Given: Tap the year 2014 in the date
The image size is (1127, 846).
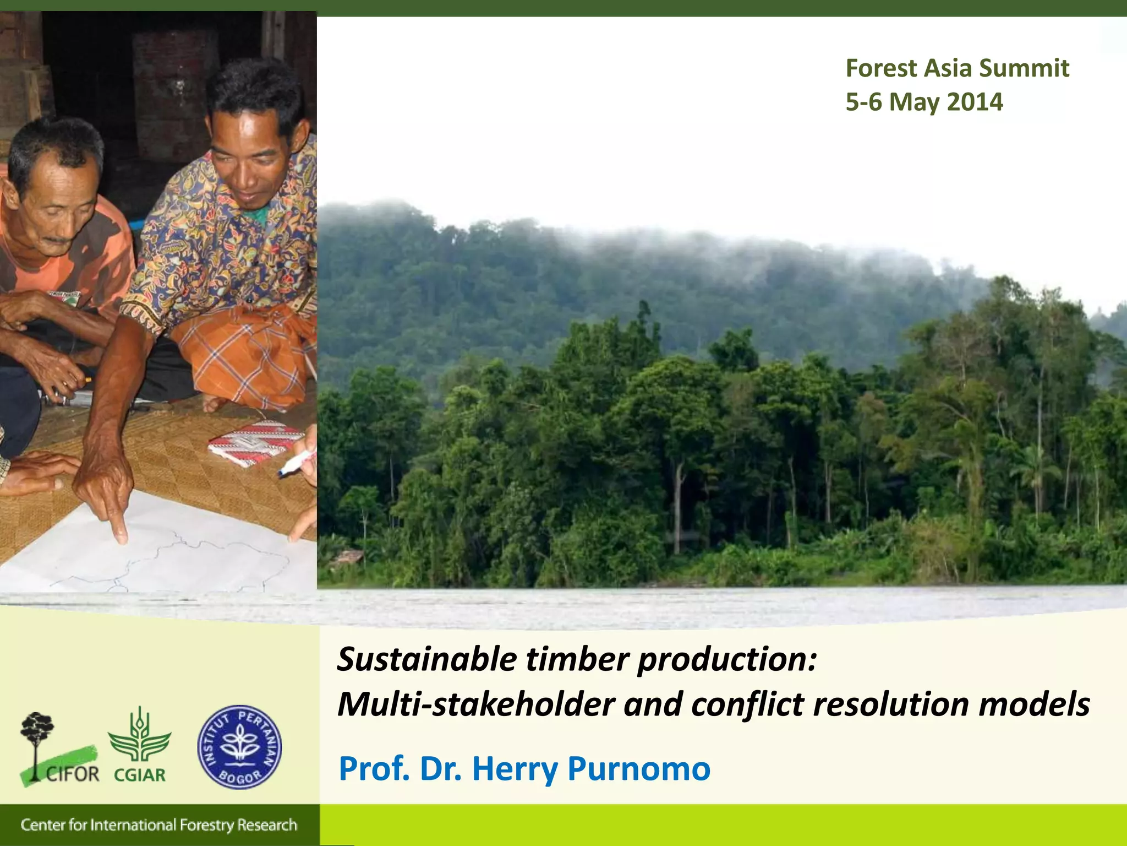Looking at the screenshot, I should (975, 102).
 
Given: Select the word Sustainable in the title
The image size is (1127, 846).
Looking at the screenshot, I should (427, 659).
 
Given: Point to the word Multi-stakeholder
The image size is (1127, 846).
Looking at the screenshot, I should (475, 704).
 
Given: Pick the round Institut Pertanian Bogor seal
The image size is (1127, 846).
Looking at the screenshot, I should (239, 747).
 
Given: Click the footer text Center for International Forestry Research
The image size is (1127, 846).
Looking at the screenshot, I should (158, 825).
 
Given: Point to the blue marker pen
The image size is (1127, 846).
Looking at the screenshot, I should (296, 464).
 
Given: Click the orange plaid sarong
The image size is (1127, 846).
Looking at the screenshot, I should (248, 352).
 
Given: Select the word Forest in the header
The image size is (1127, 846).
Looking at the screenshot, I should (882, 68).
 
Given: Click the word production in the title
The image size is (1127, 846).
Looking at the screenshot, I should (726, 659).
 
